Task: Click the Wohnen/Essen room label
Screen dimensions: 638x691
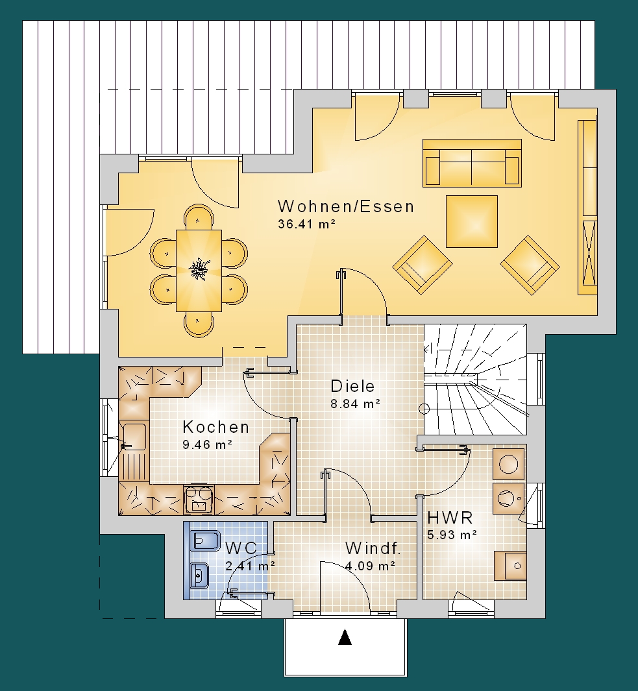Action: coord(346,206)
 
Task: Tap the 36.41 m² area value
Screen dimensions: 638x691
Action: coord(307,224)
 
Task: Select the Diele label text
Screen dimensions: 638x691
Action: coord(352,386)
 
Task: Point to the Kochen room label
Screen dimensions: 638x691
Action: coord(216,427)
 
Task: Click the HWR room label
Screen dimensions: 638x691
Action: coord(450,517)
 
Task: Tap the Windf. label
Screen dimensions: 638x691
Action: coord(373,548)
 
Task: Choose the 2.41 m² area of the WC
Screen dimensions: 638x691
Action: coord(251,565)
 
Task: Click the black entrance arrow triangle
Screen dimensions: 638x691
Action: coord(345,638)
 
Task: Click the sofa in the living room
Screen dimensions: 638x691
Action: coord(472,163)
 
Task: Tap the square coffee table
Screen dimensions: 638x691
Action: coord(472,222)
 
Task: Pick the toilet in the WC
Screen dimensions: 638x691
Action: coord(204,540)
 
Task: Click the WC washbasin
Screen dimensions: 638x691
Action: coord(200,575)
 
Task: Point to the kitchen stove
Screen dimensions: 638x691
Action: coord(199,500)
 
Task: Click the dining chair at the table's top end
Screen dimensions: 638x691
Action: coord(199,217)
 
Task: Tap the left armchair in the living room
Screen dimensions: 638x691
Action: coord(423,265)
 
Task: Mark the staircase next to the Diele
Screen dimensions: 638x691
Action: coord(475,380)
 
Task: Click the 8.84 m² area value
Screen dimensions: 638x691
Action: coord(356,404)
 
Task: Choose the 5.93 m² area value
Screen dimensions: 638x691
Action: coord(452,535)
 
